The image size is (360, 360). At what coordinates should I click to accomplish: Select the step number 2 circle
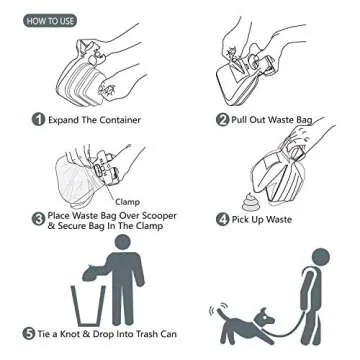(222, 120)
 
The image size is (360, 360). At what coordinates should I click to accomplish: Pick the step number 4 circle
(222, 217)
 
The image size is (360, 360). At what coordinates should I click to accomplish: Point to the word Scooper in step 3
(159, 215)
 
